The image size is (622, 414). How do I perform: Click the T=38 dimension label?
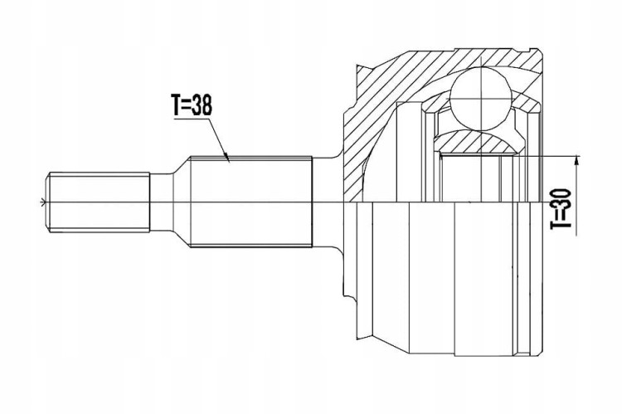192,105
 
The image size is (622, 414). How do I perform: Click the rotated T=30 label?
561,209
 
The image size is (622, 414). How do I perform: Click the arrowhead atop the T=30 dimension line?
576,160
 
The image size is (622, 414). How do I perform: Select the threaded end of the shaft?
99,202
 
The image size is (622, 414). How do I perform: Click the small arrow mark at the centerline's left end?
44,202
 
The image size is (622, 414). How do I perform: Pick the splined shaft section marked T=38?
251,202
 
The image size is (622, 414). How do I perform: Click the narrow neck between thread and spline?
162,202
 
